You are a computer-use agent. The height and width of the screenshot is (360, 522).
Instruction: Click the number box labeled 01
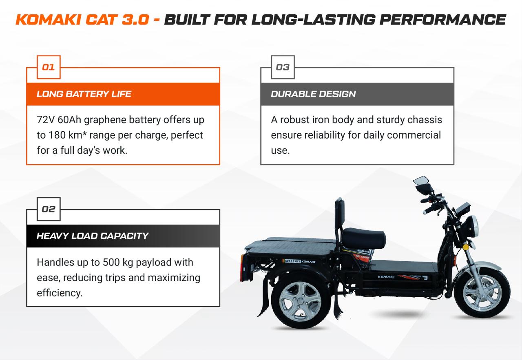[x=49, y=67]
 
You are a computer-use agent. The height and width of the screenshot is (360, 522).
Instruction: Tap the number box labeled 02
[x=49, y=209]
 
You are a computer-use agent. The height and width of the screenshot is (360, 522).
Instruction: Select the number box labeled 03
[x=283, y=67]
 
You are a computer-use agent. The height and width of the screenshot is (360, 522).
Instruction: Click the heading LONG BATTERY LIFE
[x=84, y=94]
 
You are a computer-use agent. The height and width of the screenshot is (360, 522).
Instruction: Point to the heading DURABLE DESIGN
[x=313, y=94]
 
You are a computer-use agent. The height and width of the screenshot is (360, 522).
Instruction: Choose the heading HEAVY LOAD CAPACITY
[x=93, y=236]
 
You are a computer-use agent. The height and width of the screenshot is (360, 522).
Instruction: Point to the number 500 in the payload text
[x=111, y=263]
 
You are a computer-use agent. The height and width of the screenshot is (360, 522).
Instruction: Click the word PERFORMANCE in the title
[x=442, y=19]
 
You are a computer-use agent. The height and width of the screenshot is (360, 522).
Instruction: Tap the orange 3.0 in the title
[x=135, y=19]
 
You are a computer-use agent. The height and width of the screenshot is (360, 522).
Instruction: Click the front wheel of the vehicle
[x=482, y=293]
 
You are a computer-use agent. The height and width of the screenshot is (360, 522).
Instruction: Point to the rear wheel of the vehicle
[x=301, y=300]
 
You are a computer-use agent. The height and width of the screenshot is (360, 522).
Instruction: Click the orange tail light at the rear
[x=242, y=268]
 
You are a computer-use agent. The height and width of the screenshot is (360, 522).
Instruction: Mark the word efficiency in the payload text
[x=60, y=293]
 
